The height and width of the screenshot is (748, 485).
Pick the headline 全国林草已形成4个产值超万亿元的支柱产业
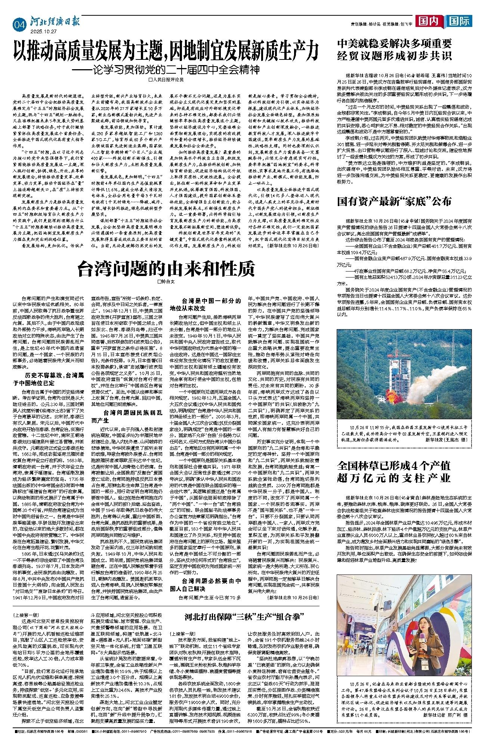[394, 472]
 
